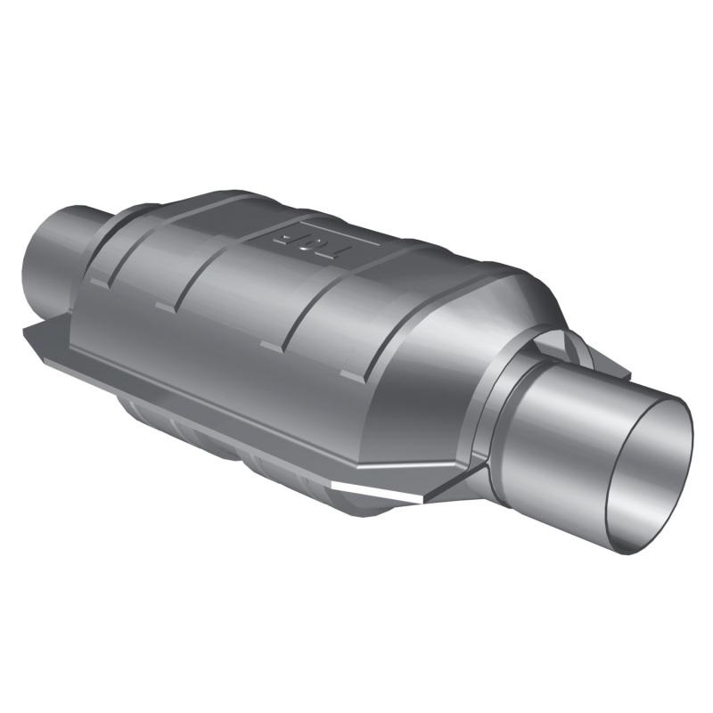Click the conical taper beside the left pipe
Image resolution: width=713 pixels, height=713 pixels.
point(125,236)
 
